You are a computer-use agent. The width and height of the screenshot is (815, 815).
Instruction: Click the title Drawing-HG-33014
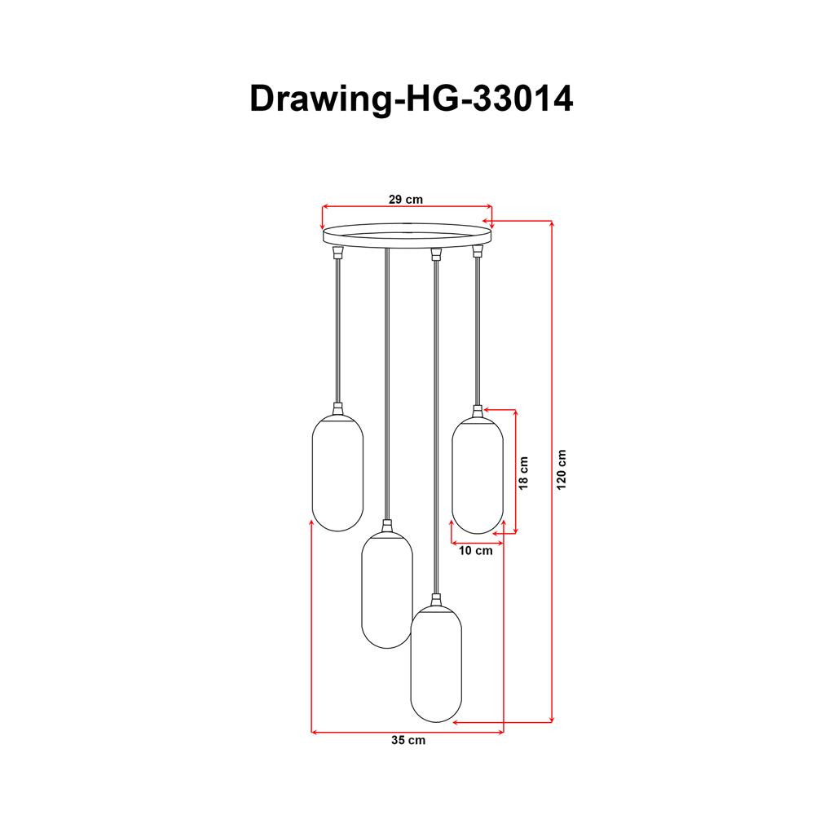pos(411,99)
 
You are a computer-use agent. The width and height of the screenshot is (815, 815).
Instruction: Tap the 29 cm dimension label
pos(405,199)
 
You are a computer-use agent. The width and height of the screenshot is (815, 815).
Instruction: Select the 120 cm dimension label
pos(561,470)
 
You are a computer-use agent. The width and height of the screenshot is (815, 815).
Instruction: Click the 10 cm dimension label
pos(476,551)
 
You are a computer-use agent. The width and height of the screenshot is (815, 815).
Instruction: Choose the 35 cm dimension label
pos(407,741)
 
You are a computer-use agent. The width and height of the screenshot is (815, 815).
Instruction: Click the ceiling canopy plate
pos(407,236)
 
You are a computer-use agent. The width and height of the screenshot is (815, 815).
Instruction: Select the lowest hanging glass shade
pos(436,664)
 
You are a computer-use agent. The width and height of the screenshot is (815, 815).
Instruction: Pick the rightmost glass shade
pos(478,475)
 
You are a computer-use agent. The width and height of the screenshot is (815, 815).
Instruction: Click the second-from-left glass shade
pos(387,589)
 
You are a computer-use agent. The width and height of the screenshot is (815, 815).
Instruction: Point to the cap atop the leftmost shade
pos(337,410)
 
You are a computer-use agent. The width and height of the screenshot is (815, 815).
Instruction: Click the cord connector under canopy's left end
pos(337,253)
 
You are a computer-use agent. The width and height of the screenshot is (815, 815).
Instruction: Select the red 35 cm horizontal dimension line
pos(407,732)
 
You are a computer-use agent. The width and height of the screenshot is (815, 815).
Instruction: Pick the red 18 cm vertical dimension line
pos(515,471)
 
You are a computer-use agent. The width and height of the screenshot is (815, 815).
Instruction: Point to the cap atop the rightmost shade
pos(478,411)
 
